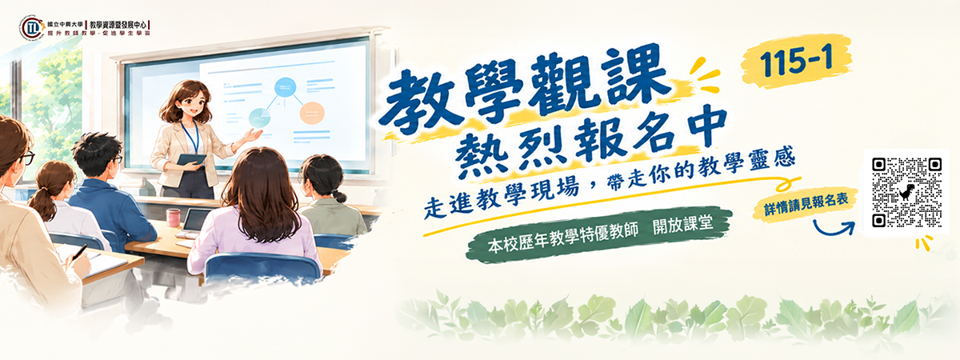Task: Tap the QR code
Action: coord(907,193)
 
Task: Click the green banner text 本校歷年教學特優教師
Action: coord(562,237)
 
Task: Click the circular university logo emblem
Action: coord(32,28)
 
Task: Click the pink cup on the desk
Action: coord(173,218)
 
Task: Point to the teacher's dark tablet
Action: coord(191,159)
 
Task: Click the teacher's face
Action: coord(191,105)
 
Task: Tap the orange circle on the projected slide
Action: coord(311,113)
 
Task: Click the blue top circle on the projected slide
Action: coord(285,88)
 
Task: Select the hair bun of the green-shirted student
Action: coord(339,196)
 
